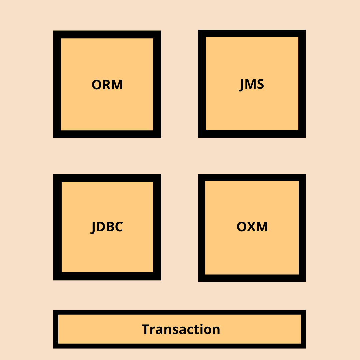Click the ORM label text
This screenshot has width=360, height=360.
[107, 85]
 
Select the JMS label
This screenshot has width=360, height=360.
[252, 84]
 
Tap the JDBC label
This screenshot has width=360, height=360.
[107, 227]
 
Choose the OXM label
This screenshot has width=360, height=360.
[252, 227]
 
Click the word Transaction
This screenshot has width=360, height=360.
[181, 329]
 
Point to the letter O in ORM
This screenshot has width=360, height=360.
[97, 85]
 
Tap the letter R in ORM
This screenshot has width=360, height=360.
[106, 85]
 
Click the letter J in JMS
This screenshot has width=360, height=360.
[242, 85]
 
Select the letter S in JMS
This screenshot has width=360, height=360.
[260, 84]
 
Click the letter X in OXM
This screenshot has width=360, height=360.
[252, 227]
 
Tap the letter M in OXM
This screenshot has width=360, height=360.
[262, 227]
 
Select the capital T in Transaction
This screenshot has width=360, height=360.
[145, 329]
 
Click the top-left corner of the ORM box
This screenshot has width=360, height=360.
[54, 31]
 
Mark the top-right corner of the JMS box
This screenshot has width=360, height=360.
[305, 30]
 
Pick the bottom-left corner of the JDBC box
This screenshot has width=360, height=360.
[54, 280]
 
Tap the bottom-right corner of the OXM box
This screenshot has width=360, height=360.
[305, 281]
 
